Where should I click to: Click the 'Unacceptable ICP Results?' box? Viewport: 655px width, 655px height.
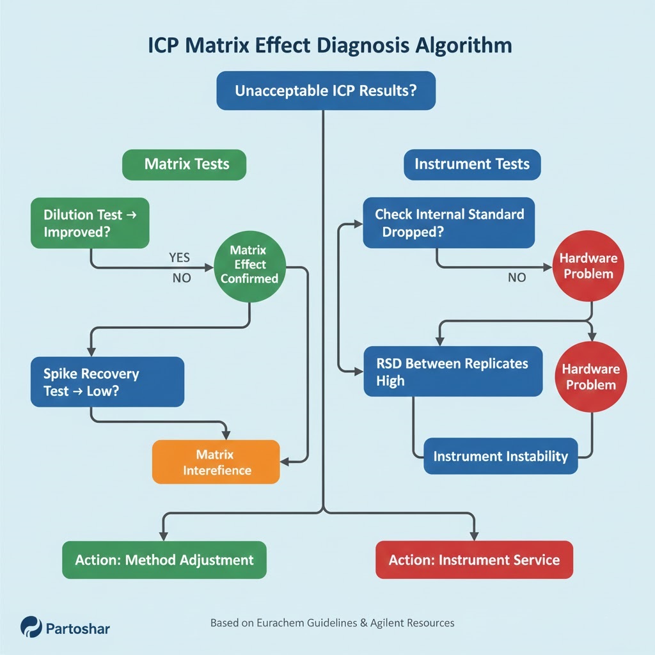click(326, 90)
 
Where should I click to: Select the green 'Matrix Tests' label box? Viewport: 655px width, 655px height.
click(184, 164)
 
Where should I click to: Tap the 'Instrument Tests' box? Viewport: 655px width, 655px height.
click(472, 164)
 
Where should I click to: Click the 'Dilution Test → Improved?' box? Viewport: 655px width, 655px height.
click(90, 223)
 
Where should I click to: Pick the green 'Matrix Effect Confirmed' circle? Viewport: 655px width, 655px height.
click(249, 265)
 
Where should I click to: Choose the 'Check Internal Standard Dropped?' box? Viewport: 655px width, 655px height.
click(449, 223)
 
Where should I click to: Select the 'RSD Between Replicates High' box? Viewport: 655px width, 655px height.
click(453, 372)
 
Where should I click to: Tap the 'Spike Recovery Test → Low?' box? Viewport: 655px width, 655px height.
click(107, 382)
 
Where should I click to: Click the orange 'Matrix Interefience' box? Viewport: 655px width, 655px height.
click(216, 462)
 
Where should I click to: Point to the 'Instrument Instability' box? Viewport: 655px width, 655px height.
click(500, 456)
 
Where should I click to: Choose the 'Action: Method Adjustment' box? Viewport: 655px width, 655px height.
click(164, 560)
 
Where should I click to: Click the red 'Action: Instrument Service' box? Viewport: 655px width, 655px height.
click(473, 560)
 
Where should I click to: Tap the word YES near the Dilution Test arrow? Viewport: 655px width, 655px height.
click(180, 257)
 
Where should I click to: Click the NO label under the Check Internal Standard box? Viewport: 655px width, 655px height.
click(517, 278)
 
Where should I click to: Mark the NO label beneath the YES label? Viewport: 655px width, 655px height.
click(182, 279)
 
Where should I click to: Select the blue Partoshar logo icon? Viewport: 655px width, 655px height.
click(31, 627)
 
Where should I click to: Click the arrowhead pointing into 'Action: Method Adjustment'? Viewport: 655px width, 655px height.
click(163, 535)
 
